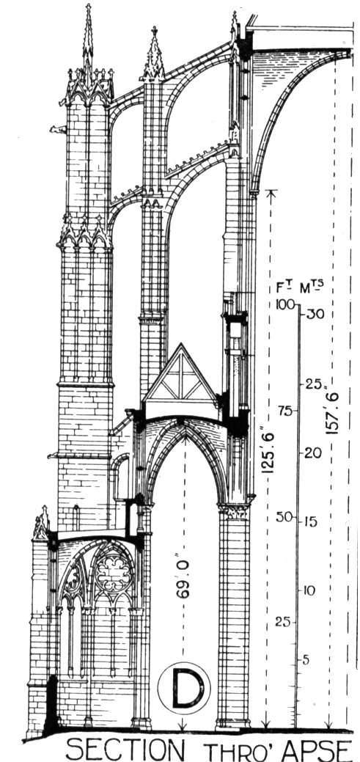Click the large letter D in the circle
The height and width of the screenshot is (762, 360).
point(184,688)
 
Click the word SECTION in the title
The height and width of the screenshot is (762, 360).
point(125,749)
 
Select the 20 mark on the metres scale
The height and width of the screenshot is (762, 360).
point(312,453)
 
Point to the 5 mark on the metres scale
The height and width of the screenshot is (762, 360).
point(306,661)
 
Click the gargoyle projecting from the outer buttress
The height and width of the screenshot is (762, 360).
point(58,129)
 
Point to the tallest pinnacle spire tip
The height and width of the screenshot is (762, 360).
point(88,5)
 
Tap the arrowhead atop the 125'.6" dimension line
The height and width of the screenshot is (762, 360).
point(271,194)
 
